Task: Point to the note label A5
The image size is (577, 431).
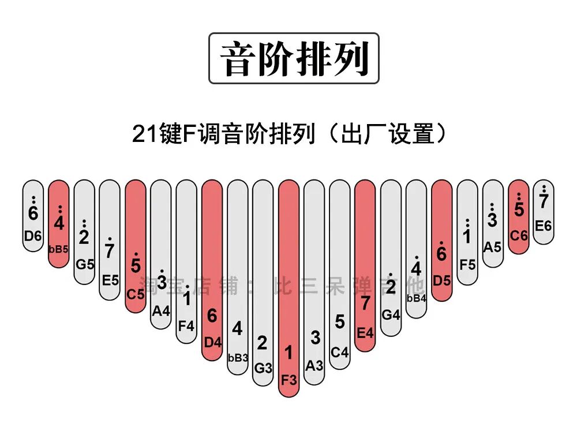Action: pyautogui.click(x=492, y=247)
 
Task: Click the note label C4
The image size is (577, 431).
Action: pyautogui.click(x=339, y=351)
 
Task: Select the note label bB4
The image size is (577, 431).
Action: pyautogui.click(x=416, y=298)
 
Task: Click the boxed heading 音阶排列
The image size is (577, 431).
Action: pyautogui.click(x=294, y=58)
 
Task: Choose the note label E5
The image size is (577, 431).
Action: pyautogui.click(x=110, y=280)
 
